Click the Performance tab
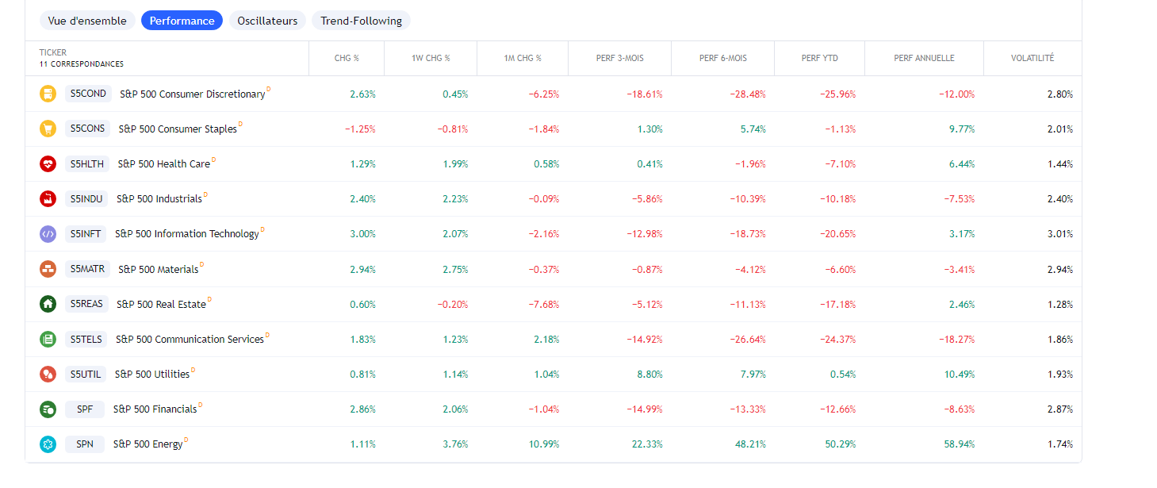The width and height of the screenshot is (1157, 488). (x=182, y=21)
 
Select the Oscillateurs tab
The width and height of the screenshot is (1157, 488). (x=267, y=21)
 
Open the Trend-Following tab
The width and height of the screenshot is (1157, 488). (x=361, y=21)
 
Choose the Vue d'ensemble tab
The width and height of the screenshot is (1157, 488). (x=87, y=21)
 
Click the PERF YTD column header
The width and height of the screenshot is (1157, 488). (x=819, y=58)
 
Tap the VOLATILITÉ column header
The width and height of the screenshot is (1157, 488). (x=1032, y=58)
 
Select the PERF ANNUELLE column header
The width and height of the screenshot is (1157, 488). (x=924, y=58)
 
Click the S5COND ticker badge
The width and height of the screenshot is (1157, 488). (x=88, y=94)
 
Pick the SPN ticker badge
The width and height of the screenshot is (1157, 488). (x=85, y=444)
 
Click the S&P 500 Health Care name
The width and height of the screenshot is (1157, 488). (x=163, y=164)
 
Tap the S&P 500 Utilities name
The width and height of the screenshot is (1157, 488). (x=152, y=374)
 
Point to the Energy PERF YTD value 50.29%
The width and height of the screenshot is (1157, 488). (x=840, y=444)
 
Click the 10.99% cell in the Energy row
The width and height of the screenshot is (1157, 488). (x=543, y=444)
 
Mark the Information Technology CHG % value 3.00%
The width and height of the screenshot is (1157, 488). (x=362, y=234)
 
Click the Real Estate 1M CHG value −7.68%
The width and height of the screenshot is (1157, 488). (x=543, y=305)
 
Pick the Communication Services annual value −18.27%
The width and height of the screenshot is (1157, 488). (x=956, y=340)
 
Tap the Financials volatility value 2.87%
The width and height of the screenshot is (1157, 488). (x=1059, y=409)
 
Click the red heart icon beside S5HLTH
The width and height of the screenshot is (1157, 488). (x=48, y=164)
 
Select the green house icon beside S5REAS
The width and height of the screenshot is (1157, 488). (x=48, y=304)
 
